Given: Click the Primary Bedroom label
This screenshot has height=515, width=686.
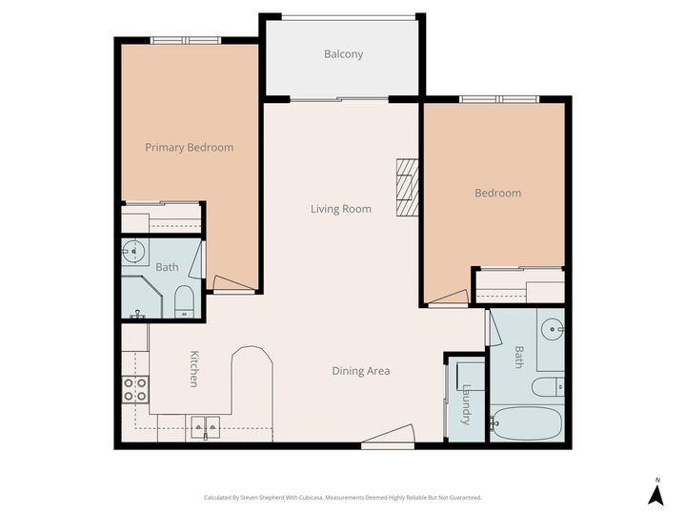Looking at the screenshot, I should click(x=189, y=148).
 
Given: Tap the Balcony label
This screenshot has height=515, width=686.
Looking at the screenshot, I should click(x=343, y=54).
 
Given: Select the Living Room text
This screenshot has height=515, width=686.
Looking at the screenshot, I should click(x=340, y=209).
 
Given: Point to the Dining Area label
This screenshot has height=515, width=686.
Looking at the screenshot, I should click(x=360, y=371).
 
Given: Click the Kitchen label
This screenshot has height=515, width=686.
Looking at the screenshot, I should click(x=193, y=369).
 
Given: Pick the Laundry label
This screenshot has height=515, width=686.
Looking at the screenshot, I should click(x=466, y=404).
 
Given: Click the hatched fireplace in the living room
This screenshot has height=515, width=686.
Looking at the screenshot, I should click(x=408, y=187).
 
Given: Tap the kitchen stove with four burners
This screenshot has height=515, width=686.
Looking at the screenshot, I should click(x=135, y=389).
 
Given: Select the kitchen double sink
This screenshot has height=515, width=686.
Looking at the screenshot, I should click(x=205, y=425).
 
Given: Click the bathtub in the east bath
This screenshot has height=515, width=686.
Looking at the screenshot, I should click(x=526, y=422).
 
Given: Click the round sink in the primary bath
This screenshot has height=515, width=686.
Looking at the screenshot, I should click(x=134, y=252).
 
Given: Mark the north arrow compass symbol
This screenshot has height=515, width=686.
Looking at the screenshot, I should click(x=656, y=492).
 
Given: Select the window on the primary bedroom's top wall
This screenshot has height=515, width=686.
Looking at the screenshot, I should click(x=186, y=40).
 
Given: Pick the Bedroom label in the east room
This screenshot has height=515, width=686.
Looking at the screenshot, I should click(x=497, y=194).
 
